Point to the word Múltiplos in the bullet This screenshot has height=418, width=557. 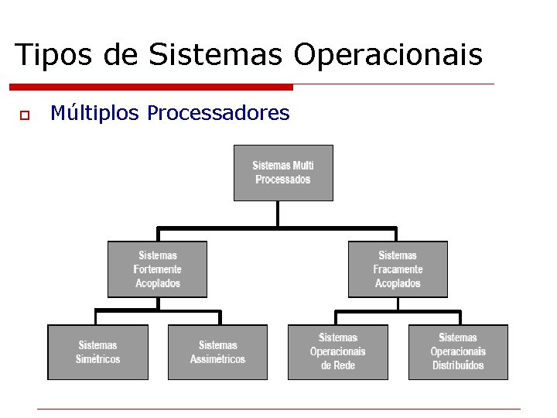click(95, 114)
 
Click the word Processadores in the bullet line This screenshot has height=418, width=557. click(218, 114)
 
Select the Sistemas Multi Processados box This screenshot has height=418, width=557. click(283, 173)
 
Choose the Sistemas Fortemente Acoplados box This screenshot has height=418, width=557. click(157, 269)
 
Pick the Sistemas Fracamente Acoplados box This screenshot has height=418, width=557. click(398, 269)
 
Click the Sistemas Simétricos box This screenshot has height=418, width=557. click(97, 352)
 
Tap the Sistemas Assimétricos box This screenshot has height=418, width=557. click(217, 352)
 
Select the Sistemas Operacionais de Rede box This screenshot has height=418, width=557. click(337, 352)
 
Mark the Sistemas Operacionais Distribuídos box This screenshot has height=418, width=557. click(458, 352)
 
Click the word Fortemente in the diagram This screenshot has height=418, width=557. click(157, 269)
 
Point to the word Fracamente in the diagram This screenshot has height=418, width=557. click(398, 269)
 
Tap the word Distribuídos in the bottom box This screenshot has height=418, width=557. click(458, 365)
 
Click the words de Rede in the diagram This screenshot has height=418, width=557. click(337, 365)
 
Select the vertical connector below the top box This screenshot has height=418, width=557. click(278, 214)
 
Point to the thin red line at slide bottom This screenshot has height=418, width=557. click(278, 409)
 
